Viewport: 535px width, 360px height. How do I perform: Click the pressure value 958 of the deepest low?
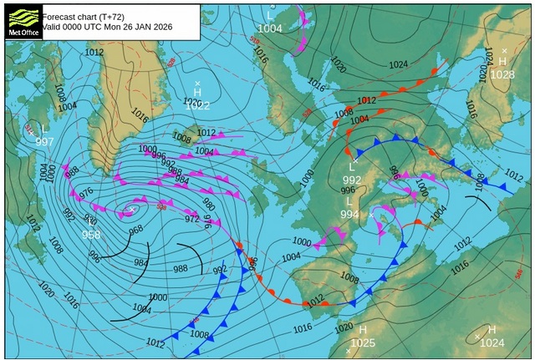(x=91, y=235)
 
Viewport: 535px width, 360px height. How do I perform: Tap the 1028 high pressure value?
(x=502, y=75)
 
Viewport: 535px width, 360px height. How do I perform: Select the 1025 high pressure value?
(x=363, y=342)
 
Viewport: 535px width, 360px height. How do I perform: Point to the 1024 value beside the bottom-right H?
(x=492, y=342)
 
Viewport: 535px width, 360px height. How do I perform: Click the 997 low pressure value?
(x=44, y=141)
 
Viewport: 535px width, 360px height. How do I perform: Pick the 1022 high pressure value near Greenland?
(x=197, y=105)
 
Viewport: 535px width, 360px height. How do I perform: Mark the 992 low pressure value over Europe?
(x=352, y=180)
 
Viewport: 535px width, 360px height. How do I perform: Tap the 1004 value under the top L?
(x=270, y=28)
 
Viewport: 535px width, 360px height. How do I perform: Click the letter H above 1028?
(x=502, y=62)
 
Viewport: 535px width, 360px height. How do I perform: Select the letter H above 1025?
(x=363, y=330)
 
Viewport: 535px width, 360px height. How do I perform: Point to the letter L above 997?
(x=44, y=129)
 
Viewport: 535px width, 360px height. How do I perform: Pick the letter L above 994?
(x=349, y=202)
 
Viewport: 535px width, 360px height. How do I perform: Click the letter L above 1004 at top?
(x=270, y=16)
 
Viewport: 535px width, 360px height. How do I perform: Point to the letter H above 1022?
(x=197, y=92)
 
